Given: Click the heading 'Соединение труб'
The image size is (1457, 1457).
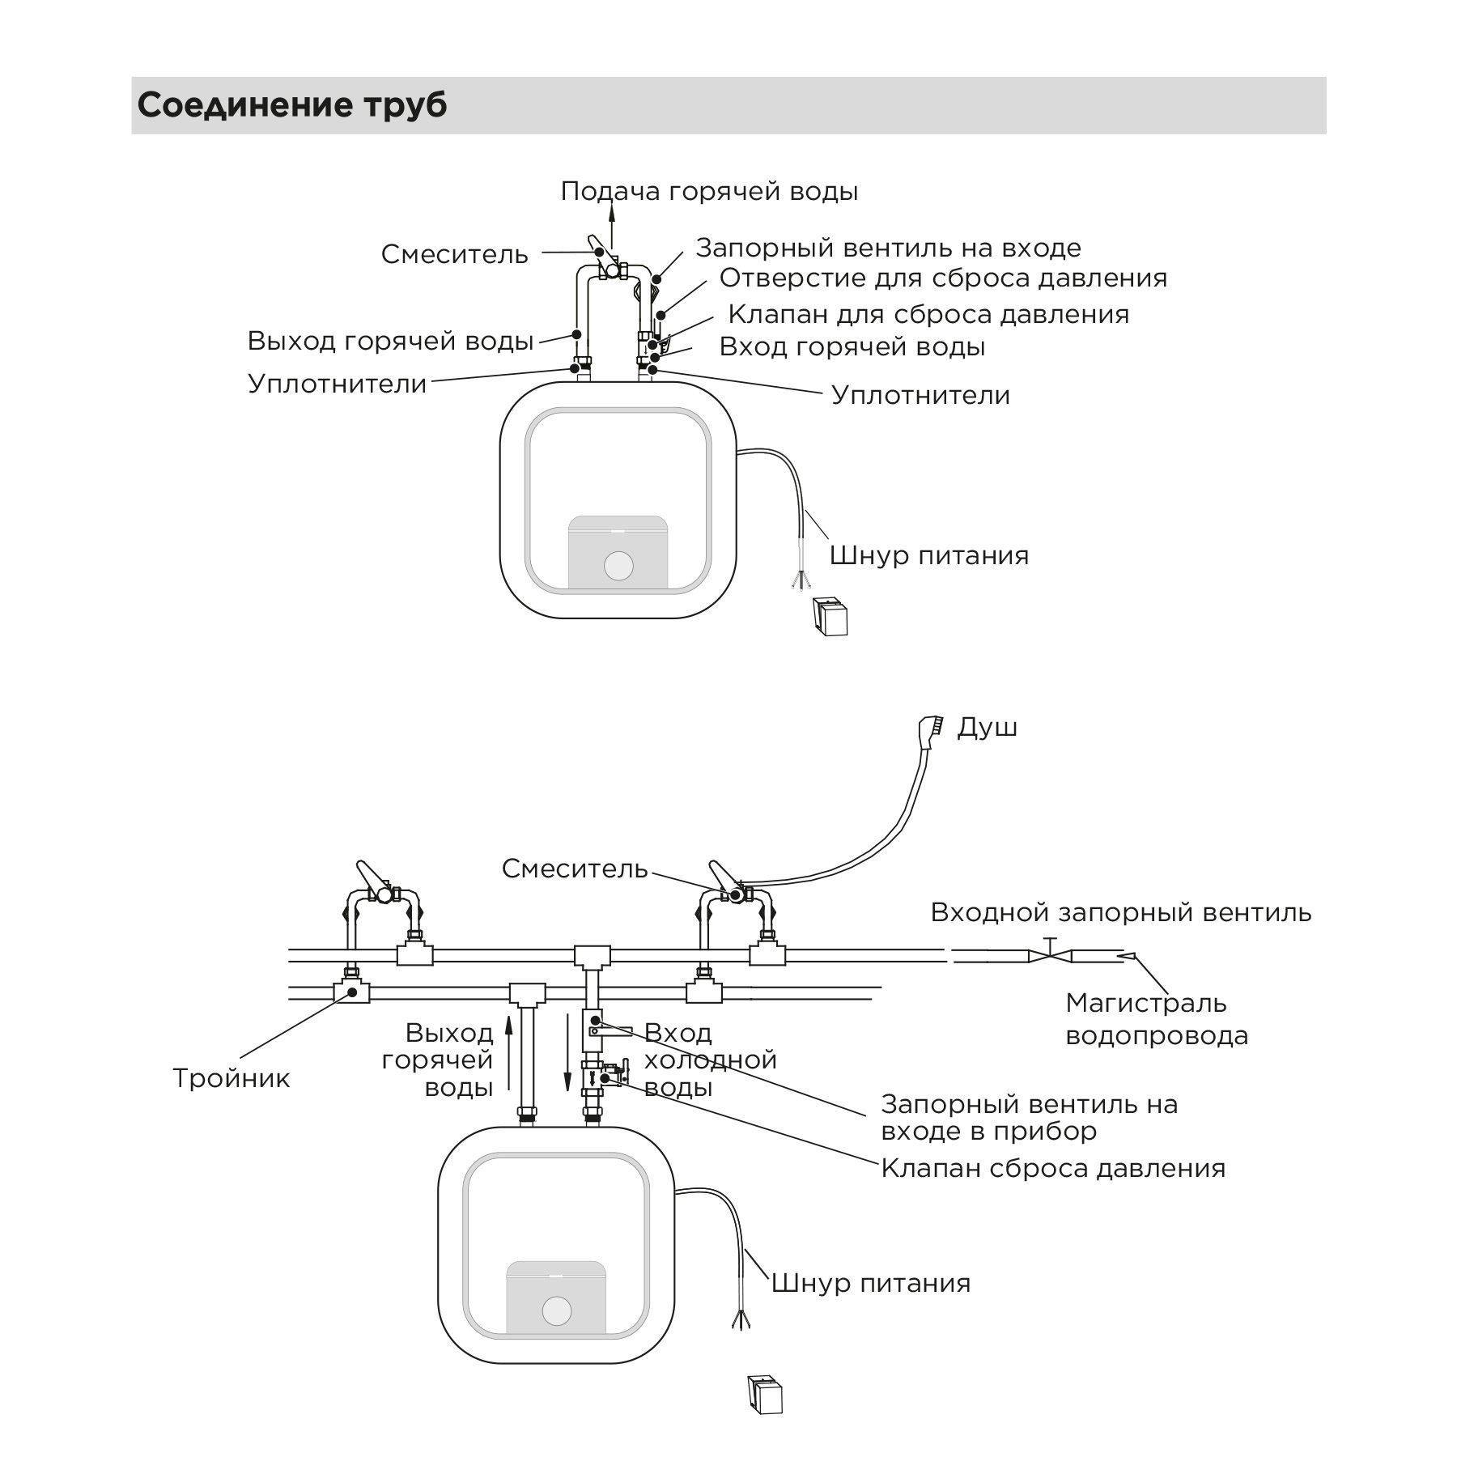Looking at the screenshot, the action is coord(291,105).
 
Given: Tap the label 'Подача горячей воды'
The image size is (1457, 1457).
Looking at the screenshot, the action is coord(709,192).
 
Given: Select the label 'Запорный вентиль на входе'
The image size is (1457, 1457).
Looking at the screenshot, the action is coord(888,248).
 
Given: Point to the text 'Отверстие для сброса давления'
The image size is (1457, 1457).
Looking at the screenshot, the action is coord(943,278).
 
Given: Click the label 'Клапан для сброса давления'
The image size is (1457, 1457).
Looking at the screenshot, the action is coord(928,314).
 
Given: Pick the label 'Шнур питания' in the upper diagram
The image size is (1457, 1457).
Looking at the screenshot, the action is coord(929,555).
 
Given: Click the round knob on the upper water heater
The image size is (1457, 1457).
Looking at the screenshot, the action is coord(618,566).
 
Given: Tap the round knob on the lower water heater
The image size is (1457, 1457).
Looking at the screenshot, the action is coord(556,1310).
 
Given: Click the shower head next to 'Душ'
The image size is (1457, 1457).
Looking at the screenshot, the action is coord(931,730).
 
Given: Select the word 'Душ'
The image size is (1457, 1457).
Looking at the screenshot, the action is coord(987,728).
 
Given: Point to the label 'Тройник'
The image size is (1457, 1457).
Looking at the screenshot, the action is coord(232,1078).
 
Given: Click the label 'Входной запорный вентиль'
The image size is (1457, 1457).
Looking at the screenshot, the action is coord(1120,912).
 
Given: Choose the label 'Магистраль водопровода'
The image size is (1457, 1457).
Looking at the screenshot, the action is coord(1157,1019).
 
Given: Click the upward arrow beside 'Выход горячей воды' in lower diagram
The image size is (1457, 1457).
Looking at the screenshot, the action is coord(508,1052).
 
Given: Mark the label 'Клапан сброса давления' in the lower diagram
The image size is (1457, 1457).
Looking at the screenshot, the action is coord(1053,1168).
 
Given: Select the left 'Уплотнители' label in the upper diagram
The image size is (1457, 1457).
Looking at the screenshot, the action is coord(338,384).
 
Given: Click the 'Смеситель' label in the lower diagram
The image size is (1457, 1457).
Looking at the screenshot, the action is coord(575,869).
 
